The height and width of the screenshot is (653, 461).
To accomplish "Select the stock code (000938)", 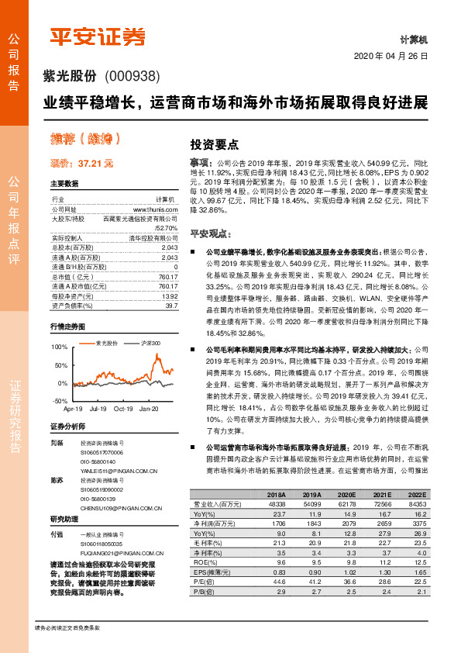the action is tap(131, 76).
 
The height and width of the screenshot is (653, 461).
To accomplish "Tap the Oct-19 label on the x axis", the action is tap(123, 408).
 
